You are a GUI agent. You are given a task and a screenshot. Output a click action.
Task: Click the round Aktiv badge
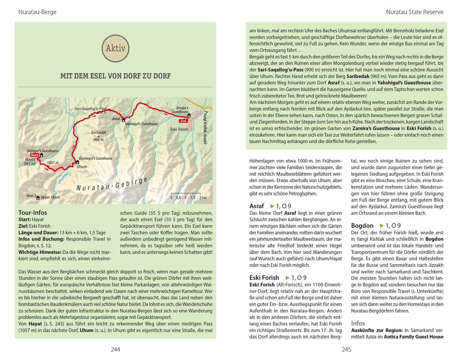115,48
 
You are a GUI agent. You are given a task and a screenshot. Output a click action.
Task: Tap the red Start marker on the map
34,155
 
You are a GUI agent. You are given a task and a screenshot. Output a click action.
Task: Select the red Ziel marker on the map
184,121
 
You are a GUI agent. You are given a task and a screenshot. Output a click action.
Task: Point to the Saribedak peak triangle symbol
99,136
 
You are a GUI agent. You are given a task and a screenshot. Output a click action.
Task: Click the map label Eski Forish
179,129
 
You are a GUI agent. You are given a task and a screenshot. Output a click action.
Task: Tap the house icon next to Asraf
124,119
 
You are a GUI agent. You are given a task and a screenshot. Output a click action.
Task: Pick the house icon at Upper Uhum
38,198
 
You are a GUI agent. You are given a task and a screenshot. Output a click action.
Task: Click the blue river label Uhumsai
63,178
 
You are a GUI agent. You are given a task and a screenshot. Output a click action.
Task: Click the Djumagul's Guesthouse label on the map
96,158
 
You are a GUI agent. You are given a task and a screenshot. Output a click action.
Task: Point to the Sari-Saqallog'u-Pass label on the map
90,109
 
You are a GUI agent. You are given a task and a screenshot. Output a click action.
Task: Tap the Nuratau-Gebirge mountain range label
112,184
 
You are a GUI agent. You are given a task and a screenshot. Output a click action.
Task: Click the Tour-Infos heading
33,213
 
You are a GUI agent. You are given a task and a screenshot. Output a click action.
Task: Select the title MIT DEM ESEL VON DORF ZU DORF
115,76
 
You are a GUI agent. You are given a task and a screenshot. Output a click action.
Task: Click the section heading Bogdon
362,226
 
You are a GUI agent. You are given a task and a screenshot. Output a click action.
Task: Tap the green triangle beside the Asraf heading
272,206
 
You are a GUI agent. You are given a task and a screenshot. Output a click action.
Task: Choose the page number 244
115,349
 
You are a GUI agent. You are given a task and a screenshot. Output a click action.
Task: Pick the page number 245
346,349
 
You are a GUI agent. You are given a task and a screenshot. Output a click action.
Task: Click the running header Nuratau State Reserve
415,12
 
